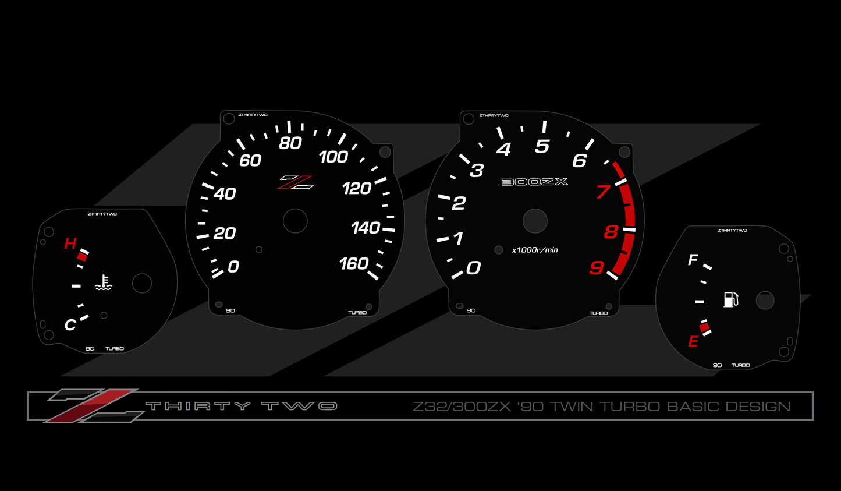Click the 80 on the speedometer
click(x=290, y=143)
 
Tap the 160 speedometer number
click(x=354, y=264)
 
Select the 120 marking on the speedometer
click(x=357, y=188)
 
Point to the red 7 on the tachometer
click(x=604, y=192)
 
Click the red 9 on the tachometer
click(x=597, y=268)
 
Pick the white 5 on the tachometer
click(x=542, y=146)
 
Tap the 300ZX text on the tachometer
click(x=535, y=182)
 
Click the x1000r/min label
click(x=535, y=250)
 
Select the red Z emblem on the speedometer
click(x=296, y=182)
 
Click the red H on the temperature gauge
click(x=70, y=243)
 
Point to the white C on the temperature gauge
click(x=70, y=325)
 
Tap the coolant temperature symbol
click(x=103, y=282)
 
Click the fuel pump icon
click(x=731, y=299)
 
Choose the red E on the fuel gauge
click(x=693, y=341)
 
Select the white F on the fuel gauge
click(x=693, y=260)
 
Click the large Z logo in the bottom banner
click(x=94, y=406)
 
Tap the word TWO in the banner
click(x=299, y=406)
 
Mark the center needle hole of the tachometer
click(x=535, y=221)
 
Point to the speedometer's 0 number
click(x=233, y=267)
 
